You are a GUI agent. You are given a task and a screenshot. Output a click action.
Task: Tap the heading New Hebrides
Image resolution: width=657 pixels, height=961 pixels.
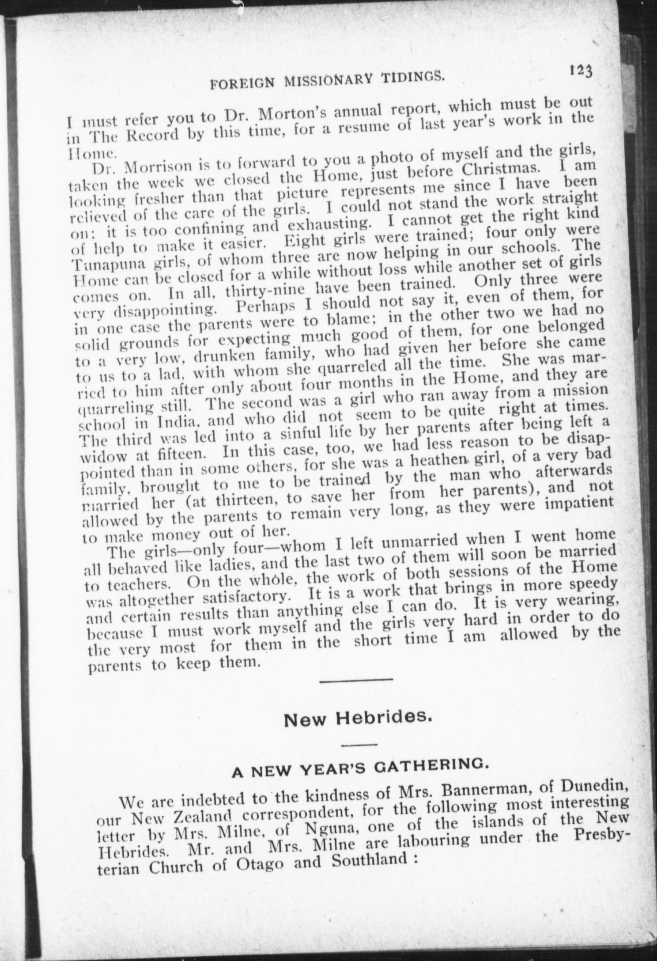tap(357, 720)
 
